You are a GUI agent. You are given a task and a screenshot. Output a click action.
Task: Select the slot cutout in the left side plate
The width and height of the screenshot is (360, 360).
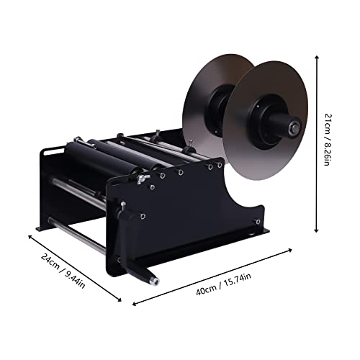pos(51,152)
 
